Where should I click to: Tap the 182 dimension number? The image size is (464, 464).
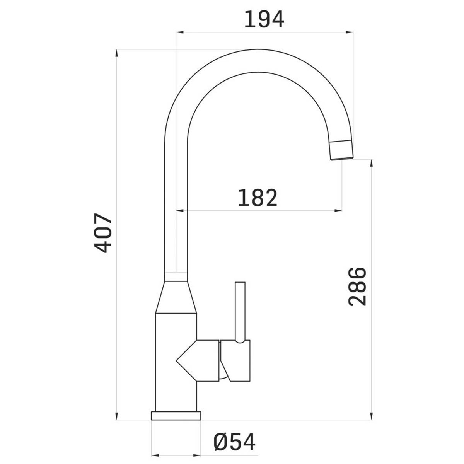(x=258, y=198)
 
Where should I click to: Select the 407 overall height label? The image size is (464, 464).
(x=103, y=233)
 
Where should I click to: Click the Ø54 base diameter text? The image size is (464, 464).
(x=234, y=442)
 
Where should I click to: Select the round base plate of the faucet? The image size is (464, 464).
(x=176, y=416)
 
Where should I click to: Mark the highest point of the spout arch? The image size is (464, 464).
(x=258, y=49)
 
